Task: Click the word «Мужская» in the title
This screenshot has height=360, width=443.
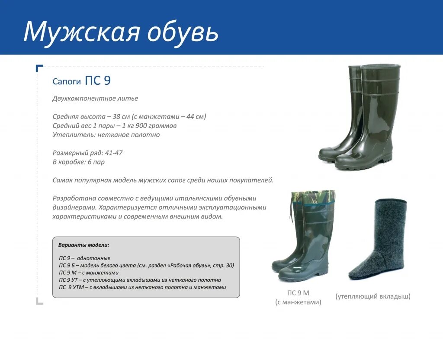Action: click(x=82, y=31)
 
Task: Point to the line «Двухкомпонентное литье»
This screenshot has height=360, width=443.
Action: click(x=95, y=98)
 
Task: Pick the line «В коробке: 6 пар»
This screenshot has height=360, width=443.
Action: click(x=79, y=162)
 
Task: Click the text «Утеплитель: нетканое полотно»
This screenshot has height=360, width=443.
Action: click(x=106, y=135)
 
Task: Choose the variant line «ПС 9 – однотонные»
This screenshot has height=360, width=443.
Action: click(x=84, y=258)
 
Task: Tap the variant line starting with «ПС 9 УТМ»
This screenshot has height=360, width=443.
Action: click(x=142, y=287)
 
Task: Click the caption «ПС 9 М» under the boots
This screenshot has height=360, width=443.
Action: click(x=298, y=293)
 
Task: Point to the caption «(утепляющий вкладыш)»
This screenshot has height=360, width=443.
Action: click(x=372, y=296)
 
